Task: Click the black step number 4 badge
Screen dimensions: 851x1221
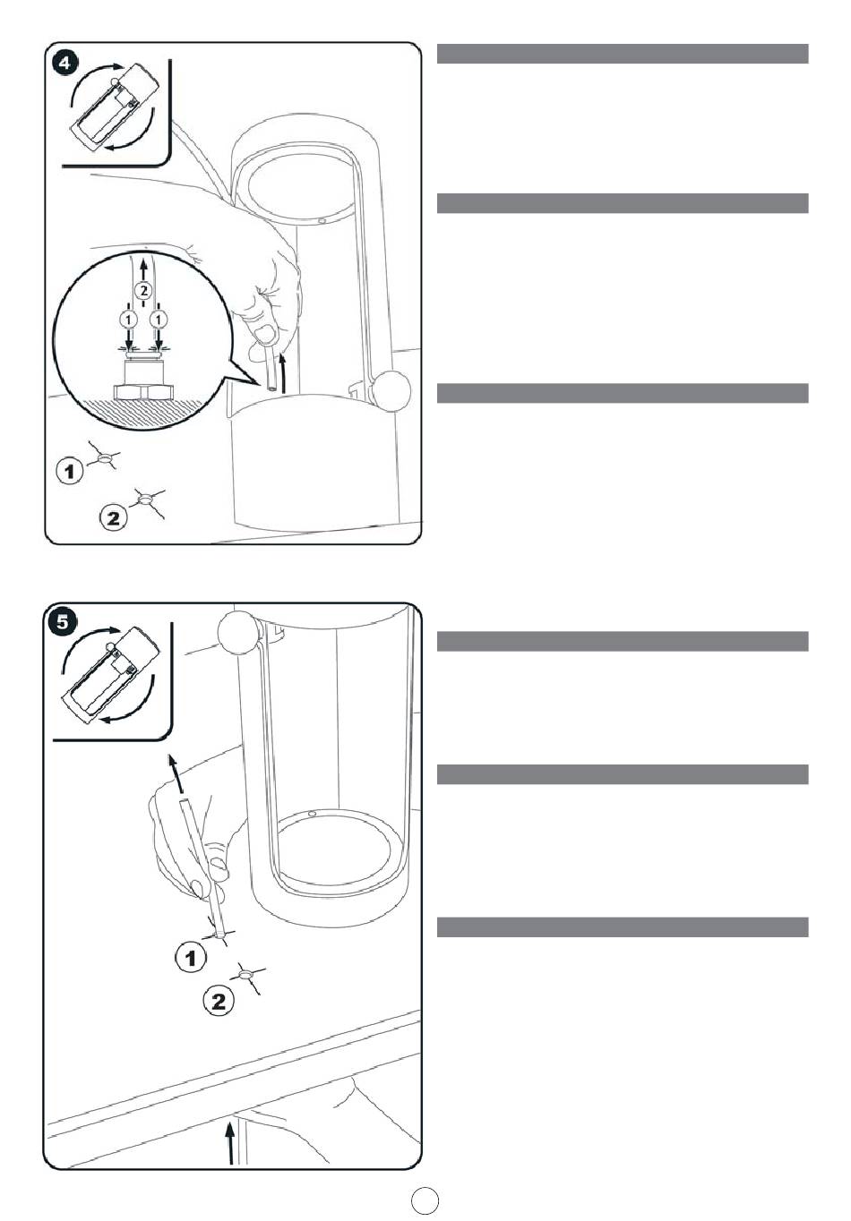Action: click(64, 64)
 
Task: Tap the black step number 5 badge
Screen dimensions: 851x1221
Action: click(63, 622)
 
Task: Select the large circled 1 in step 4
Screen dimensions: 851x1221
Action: click(70, 471)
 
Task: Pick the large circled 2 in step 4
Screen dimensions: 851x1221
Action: click(113, 517)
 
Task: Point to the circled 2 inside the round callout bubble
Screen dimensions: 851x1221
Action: click(143, 290)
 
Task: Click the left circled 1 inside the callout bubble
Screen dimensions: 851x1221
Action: click(129, 319)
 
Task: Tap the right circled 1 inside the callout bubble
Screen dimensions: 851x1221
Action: click(159, 319)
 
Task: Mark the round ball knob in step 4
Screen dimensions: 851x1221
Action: click(391, 389)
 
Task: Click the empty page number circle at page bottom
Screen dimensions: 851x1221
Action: click(425, 1200)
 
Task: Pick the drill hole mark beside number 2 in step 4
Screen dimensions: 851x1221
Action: click(146, 499)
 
